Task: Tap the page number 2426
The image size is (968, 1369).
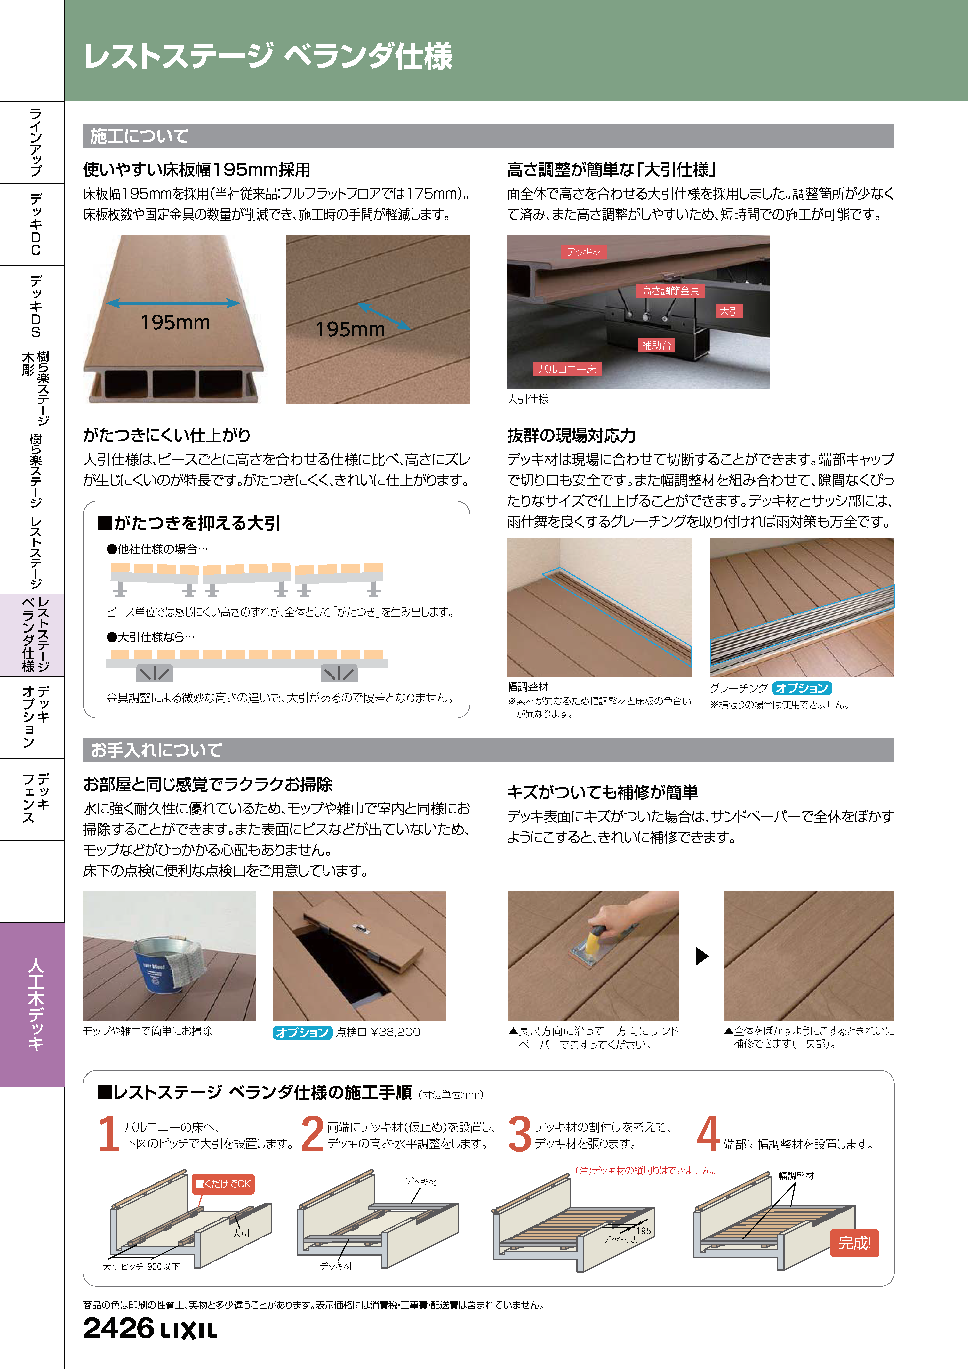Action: tap(118, 1328)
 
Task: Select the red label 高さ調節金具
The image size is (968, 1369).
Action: tap(670, 291)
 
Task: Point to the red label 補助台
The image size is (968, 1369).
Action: tap(656, 345)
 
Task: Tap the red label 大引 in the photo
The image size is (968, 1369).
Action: tap(729, 311)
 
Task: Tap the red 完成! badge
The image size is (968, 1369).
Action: tap(854, 1243)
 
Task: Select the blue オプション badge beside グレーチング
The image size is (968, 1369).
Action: tap(802, 688)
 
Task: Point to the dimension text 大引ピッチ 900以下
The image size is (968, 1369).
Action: tap(141, 1266)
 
